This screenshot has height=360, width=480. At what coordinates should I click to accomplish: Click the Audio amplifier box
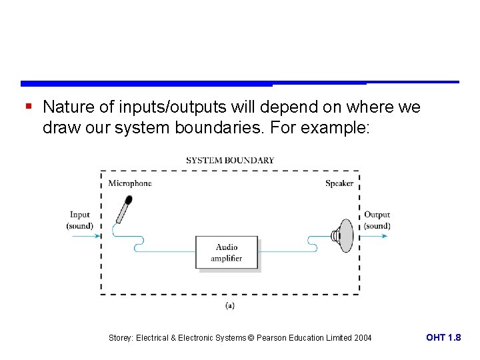pyautogui.click(x=227, y=253)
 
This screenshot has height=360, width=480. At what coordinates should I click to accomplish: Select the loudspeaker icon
pyautogui.click(x=343, y=235)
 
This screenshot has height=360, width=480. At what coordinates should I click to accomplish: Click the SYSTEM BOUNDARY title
pyautogui.click(x=230, y=160)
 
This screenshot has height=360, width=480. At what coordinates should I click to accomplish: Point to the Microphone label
pyautogui.click(x=130, y=183)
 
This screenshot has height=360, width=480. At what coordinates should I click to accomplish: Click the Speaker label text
pyautogui.click(x=339, y=183)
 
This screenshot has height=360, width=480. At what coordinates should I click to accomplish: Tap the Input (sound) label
pyautogui.click(x=79, y=220)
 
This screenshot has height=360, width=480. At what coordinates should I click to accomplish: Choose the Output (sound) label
pyautogui.click(x=377, y=220)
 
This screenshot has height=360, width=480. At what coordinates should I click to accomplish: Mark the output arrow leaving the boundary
pyautogui.click(x=375, y=235)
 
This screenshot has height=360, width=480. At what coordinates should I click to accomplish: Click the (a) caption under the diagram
pyautogui.click(x=229, y=305)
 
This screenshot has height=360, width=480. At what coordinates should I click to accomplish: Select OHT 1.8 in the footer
pyautogui.click(x=443, y=338)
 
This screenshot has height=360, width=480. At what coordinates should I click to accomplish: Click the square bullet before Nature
pyautogui.click(x=28, y=106)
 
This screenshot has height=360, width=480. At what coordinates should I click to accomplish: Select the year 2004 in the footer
pyautogui.click(x=363, y=338)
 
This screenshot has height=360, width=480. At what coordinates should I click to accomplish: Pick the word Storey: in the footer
pyautogui.click(x=121, y=338)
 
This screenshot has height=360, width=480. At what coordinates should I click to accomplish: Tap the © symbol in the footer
pyautogui.click(x=251, y=338)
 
